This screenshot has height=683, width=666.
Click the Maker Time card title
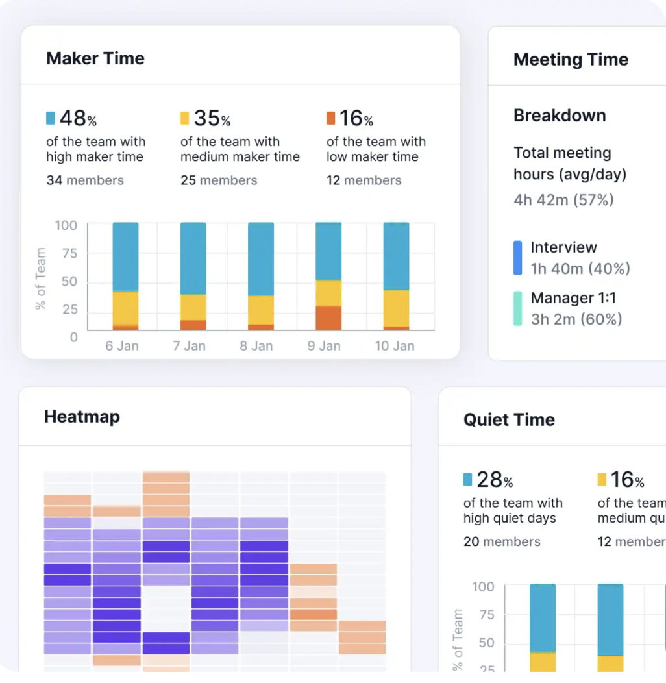[x=95, y=58]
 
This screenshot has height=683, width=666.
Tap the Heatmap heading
[x=82, y=416]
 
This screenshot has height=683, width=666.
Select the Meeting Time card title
[x=571, y=60]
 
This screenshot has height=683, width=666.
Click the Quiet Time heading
[x=509, y=419]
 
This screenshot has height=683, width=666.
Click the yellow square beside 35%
[x=184, y=118]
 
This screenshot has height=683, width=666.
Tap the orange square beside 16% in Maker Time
[x=331, y=118]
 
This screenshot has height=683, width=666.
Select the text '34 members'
[x=84, y=180]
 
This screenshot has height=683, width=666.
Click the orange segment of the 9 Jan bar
[x=328, y=318]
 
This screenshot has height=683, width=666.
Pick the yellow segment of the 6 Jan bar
[x=125, y=308]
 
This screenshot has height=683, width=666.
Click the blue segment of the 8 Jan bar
[x=261, y=258]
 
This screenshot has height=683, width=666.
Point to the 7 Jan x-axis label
[x=189, y=346]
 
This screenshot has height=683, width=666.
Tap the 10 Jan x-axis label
[x=395, y=346]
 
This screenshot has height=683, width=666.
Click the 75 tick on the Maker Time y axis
[x=69, y=254]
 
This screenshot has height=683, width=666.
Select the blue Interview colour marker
[x=518, y=258]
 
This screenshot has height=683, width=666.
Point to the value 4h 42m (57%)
[x=563, y=200]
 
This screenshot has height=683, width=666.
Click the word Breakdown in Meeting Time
[x=560, y=116]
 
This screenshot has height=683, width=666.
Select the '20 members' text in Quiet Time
[x=502, y=541]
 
